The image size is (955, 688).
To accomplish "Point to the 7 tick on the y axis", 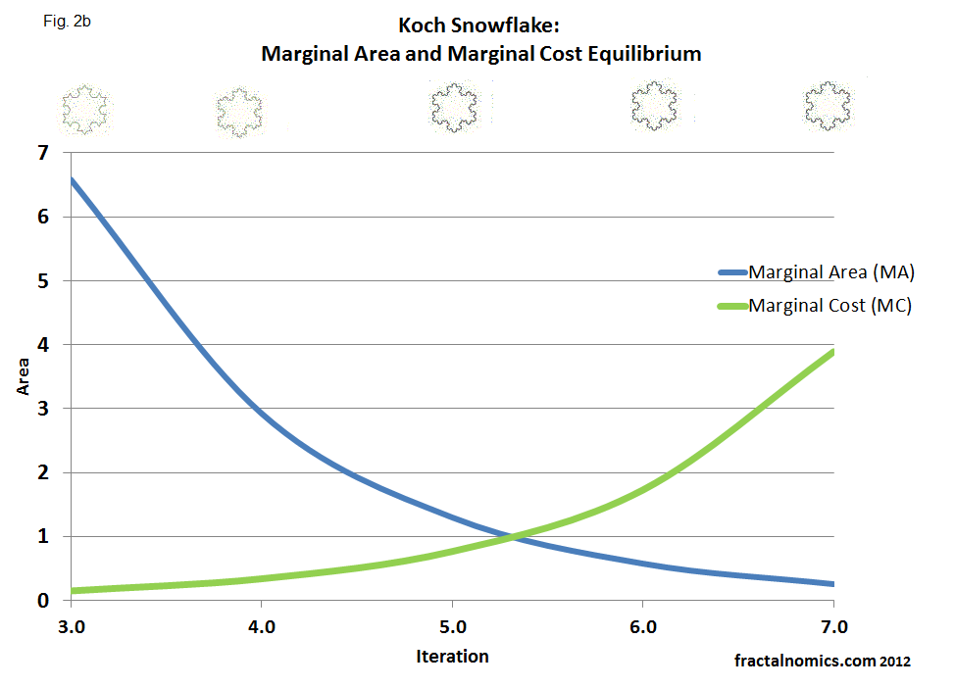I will point(41,153).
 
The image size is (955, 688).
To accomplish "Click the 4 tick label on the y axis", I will point(41,345).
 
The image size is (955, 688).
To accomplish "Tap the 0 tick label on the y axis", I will point(41,600).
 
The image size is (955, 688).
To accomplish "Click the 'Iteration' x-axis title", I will point(452,656).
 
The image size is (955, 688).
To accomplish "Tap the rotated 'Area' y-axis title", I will point(23,376).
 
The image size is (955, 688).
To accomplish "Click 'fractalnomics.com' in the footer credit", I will point(804,662).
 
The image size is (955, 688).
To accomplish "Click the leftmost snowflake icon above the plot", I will point(86,108).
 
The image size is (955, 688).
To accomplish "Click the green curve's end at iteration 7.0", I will point(832,352).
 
